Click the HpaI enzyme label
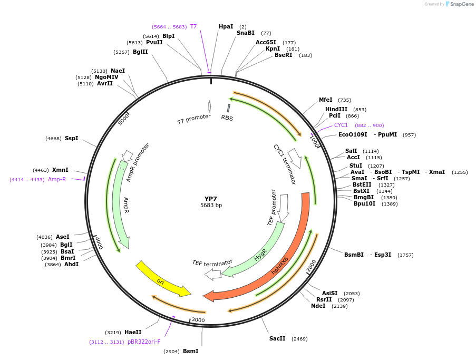point(226,26)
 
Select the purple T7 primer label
point(193,26)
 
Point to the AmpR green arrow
point(120,206)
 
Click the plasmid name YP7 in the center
point(211,199)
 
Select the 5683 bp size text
point(211,206)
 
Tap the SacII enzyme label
point(277,338)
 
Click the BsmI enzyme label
point(190,351)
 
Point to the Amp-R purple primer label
point(57,179)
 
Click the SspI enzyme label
point(71,138)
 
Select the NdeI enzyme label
point(318,306)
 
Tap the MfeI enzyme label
point(326,100)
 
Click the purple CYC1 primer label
point(341,125)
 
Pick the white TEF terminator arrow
point(213,274)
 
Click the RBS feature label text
point(227,118)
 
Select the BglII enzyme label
point(140,52)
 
